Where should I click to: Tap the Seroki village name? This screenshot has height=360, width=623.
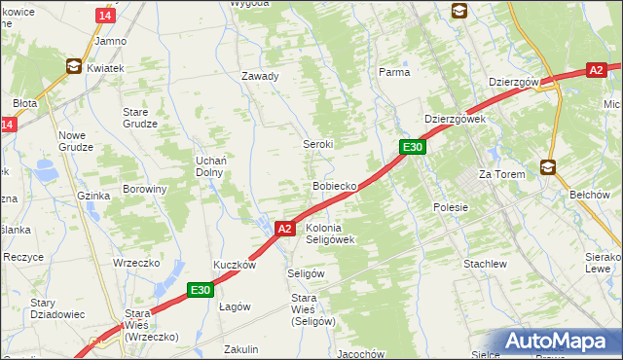[316, 143]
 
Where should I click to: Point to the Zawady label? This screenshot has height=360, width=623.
[260, 76]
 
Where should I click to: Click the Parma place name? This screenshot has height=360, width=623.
[393, 72]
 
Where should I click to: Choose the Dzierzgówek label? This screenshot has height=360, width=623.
[455, 119]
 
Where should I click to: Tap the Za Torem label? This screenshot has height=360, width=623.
[501, 174]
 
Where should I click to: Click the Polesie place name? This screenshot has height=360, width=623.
[451, 207]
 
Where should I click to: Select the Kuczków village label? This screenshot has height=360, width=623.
[235, 265]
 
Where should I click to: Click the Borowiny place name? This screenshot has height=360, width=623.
[144, 189]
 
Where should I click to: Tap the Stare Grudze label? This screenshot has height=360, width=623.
[140, 118]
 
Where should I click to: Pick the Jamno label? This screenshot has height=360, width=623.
[110, 42]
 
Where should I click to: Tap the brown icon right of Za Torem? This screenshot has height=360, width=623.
[549, 167]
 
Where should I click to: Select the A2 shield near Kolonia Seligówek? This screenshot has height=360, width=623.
[283, 229]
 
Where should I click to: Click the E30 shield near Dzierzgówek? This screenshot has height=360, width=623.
[413, 147]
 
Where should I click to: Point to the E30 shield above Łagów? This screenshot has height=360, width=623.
[201, 290]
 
